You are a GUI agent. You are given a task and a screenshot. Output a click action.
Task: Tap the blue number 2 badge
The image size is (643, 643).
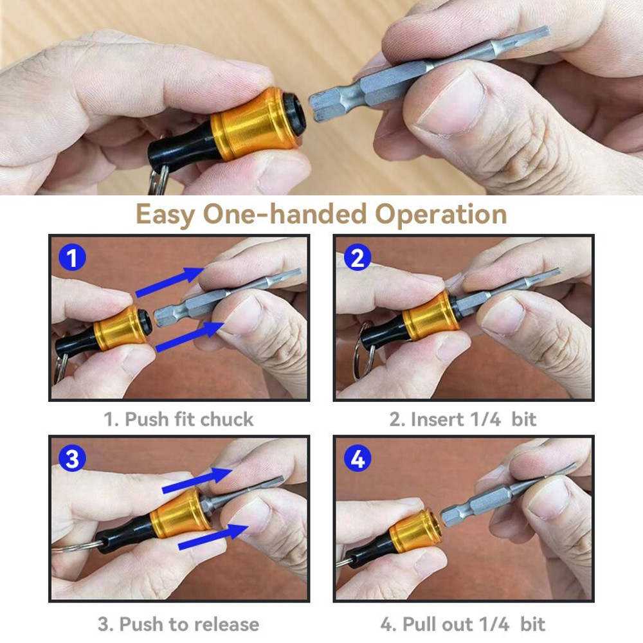click(x=357, y=258)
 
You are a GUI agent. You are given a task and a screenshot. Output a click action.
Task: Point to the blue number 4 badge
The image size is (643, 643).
click(x=357, y=458)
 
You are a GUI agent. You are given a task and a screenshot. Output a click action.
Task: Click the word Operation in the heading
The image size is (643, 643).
click(x=441, y=214)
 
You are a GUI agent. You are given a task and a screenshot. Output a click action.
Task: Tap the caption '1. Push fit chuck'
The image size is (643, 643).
click(x=179, y=420)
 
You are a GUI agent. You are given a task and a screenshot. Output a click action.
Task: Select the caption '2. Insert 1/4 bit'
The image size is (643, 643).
click(x=463, y=420)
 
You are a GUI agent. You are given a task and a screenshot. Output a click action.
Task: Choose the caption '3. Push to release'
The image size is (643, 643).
click(x=179, y=624)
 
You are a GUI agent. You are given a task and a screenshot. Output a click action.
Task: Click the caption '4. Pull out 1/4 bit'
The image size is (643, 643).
click(x=463, y=624)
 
